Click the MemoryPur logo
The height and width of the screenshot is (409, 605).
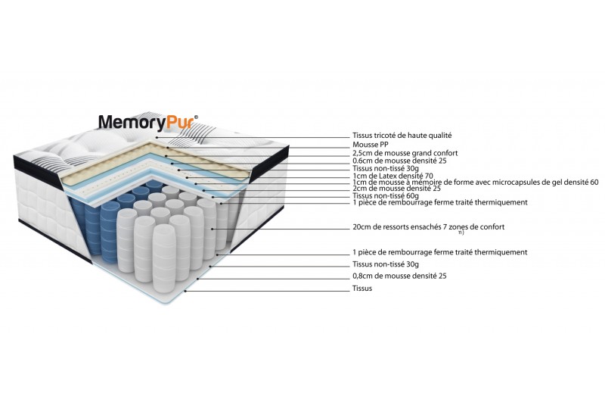coord(147,122)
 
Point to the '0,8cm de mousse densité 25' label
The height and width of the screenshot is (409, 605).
coord(399,276)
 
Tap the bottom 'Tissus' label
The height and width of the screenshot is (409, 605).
coord(362,289)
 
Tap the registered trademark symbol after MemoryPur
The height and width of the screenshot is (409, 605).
coord(197,117)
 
